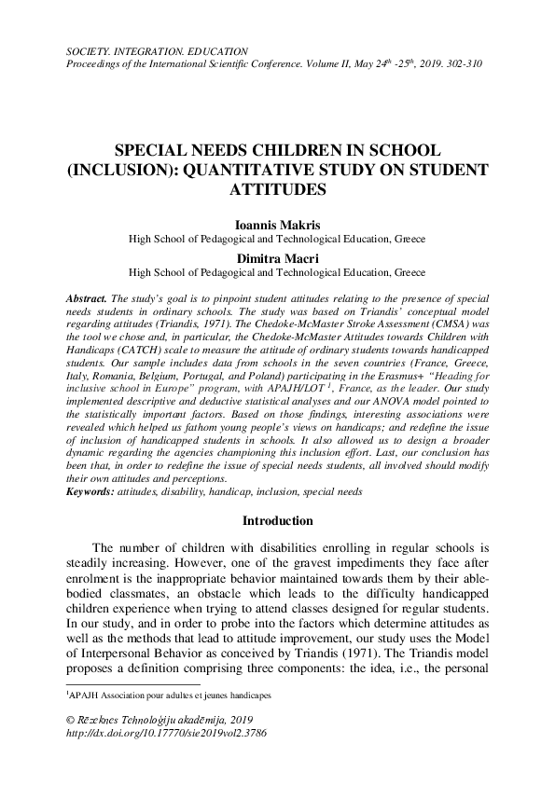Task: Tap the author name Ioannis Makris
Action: pyautogui.click(x=277, y=225)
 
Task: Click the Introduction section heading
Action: pyautogui.click(x=277, y=520)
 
